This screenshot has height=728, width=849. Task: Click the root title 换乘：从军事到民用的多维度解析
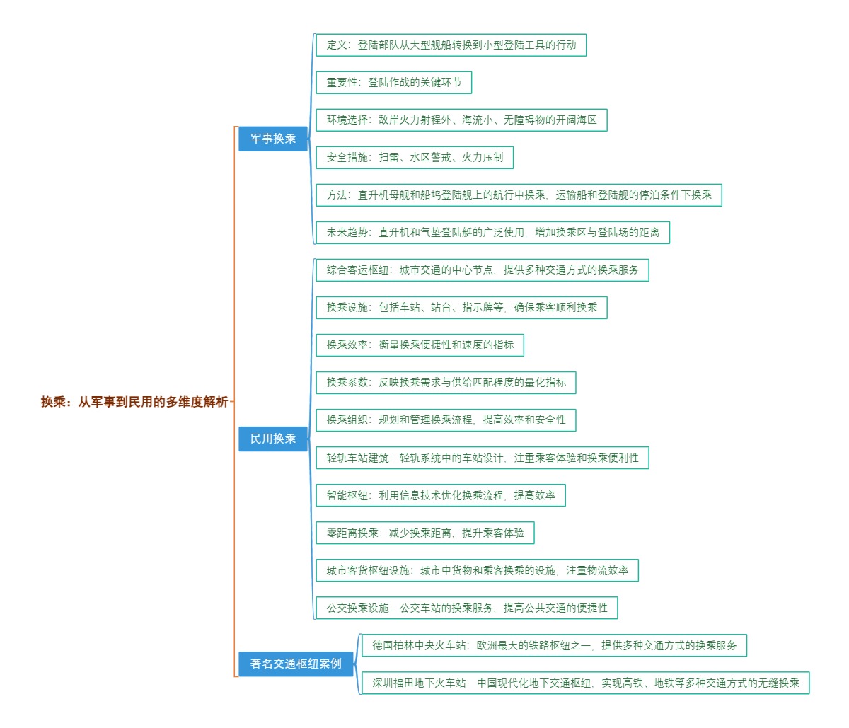click(134, 402)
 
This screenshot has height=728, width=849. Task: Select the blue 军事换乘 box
click(273, 139)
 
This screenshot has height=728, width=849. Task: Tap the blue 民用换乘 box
click(273, 439)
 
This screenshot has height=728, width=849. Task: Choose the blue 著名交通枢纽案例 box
click(296, 664)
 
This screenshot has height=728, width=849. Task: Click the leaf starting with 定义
click(451, 45)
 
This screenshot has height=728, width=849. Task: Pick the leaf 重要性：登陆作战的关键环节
click(393, 82)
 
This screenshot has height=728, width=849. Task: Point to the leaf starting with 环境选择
click(461, 120)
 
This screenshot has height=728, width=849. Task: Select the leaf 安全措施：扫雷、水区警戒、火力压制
click(414, 157)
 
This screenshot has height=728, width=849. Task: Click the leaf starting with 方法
click(519, 195)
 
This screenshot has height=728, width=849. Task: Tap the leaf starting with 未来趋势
click(492, 232)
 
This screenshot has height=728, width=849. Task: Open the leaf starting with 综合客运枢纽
click(482, 270)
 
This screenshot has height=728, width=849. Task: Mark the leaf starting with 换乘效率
click(420, 345)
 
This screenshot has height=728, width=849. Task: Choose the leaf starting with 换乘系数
click(446, 382)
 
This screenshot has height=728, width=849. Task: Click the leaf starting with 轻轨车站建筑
click(482, 458)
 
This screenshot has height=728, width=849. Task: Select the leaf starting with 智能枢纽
click(440, 495)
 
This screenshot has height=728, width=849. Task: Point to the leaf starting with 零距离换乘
click(424, 533)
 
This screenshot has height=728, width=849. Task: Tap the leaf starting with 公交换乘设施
click(466, 608)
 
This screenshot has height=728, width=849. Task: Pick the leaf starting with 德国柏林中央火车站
click(554, 645)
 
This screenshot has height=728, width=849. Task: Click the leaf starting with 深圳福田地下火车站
click(585, 683)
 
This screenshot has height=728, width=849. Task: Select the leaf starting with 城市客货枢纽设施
click(477, 570)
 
